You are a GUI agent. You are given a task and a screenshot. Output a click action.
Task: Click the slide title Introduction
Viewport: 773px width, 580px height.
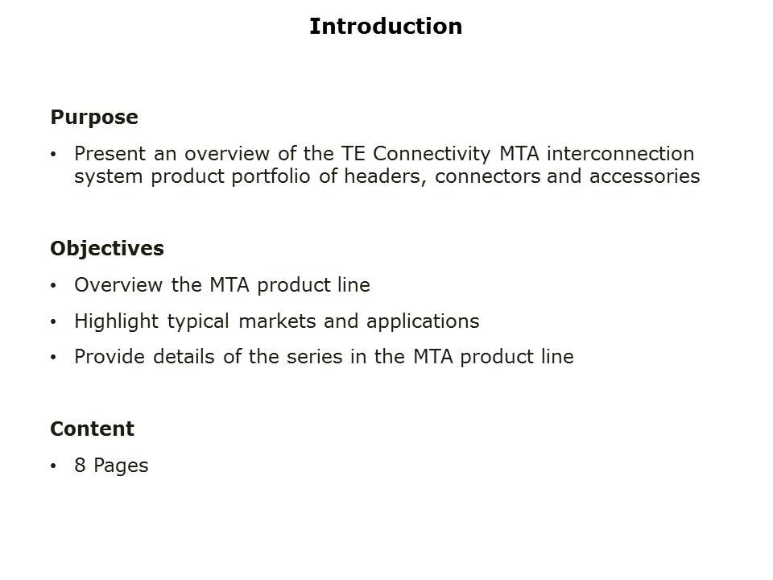[x=386, y=27]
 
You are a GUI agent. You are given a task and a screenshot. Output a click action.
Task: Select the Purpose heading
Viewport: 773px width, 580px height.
[x=94, y=118]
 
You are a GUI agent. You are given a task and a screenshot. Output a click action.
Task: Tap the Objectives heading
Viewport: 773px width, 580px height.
[x=107, y=249]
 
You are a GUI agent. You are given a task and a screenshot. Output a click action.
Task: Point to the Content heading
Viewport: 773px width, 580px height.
[x=92, y=429]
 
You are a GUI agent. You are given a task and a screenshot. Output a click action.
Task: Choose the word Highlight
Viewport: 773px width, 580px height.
[x=118, y=321]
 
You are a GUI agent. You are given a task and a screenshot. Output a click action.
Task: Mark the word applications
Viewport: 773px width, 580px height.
[x=423, y=322]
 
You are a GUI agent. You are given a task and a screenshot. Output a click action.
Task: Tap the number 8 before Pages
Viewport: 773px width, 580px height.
[x=80, y=466]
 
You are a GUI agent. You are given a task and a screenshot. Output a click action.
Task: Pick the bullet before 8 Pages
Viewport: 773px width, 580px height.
[x=54, y=466]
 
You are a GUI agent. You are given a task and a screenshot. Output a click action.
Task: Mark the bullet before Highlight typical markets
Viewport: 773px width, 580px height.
[x=54, y=322]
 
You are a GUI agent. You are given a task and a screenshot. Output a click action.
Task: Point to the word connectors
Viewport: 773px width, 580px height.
[x=487, y=176]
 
